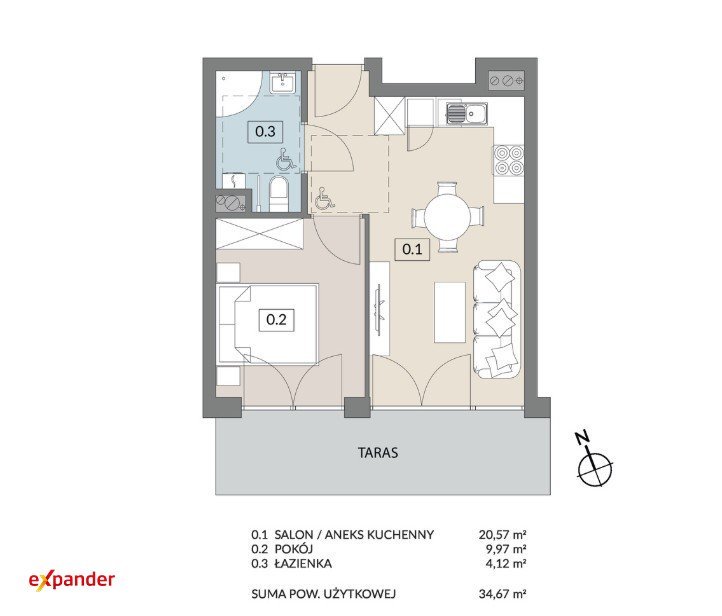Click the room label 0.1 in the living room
412,249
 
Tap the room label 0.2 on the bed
276,319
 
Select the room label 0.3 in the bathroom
265,132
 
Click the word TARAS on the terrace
378,453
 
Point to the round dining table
448,216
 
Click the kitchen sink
466,113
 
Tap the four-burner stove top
509,160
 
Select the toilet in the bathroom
279,194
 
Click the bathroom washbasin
282,82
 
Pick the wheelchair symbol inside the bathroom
285,159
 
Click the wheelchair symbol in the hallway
325,199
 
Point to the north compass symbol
594,460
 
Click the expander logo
72,580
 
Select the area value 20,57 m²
502,535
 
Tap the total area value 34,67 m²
502,594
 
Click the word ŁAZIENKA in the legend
303,564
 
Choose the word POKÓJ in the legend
293,549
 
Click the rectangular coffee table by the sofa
450,312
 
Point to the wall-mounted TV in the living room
379,308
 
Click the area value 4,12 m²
506,564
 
